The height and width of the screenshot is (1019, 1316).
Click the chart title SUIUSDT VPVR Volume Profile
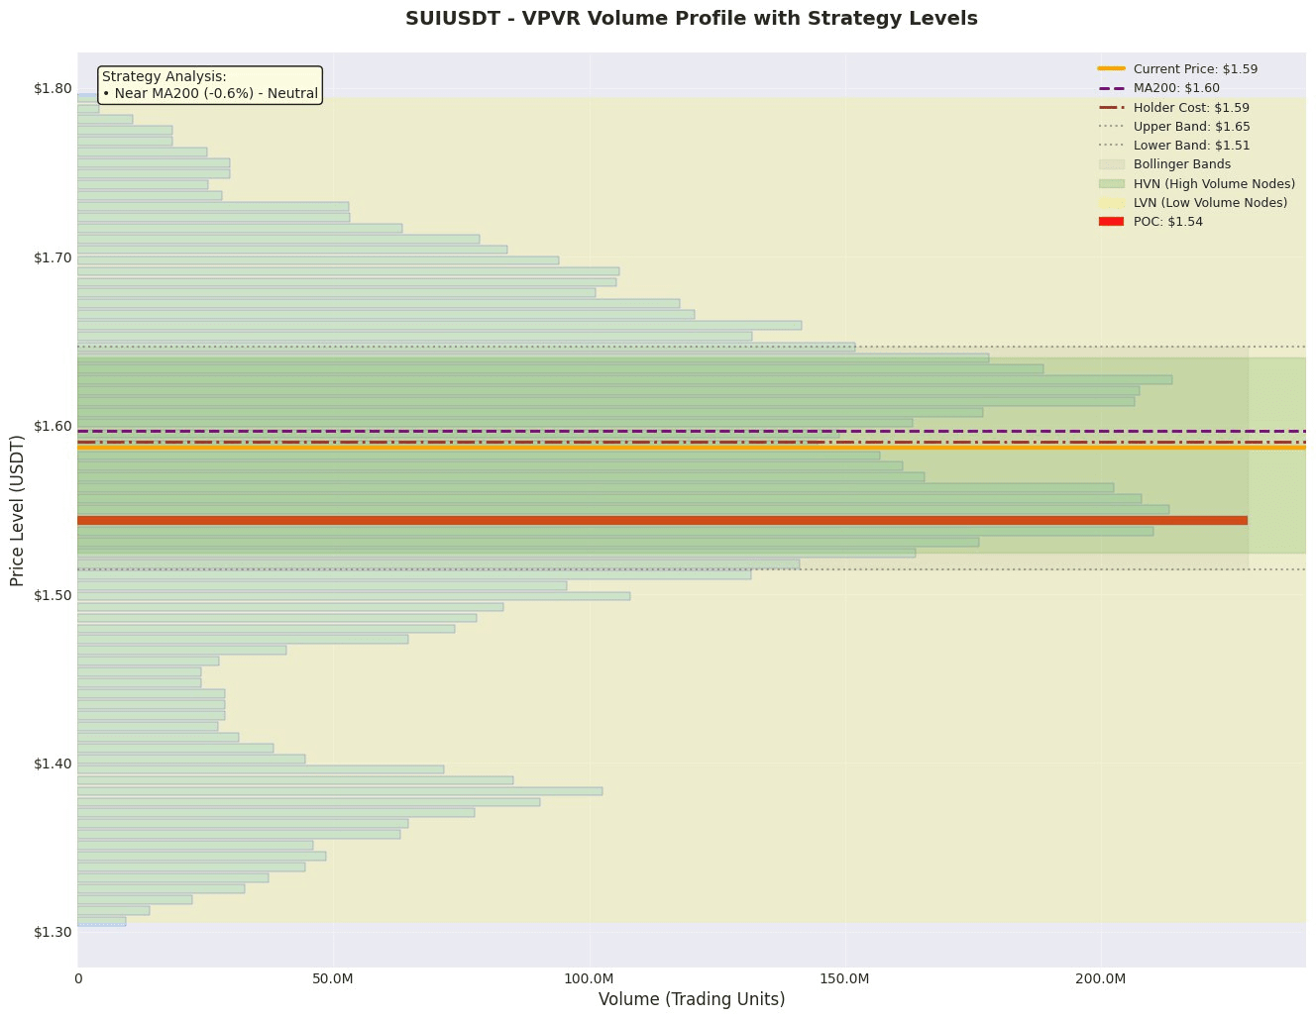691,19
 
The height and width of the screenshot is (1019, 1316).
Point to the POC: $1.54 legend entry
1167,222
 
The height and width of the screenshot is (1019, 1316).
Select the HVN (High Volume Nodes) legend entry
1214,184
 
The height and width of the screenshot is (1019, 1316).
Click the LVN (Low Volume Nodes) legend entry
1210,203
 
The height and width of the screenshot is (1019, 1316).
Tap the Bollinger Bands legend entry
1181,164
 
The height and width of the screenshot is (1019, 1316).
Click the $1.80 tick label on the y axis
53,89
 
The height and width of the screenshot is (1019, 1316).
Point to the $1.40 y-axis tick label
53,764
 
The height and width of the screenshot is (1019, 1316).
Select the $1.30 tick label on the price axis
53,932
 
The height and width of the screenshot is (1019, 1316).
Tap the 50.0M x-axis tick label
333,979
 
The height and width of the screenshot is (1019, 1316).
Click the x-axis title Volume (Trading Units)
692,1000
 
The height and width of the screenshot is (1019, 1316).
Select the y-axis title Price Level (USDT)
17,509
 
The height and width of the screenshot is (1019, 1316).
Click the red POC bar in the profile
662,521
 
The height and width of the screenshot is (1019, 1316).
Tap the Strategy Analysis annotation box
210,85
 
